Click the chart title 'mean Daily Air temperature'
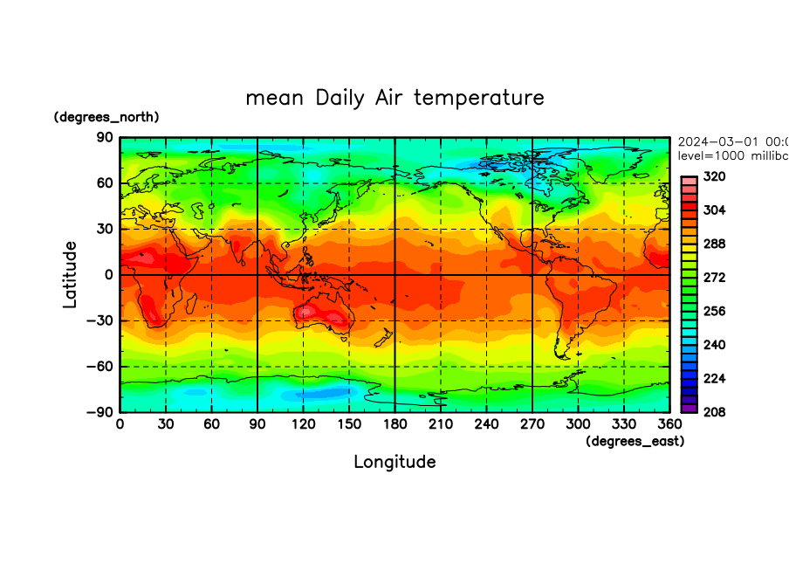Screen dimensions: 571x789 coord(394,97)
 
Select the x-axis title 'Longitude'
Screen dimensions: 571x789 coord(394,461)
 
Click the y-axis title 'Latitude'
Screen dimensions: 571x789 coord(70,274)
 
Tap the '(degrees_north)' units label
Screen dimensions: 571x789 coord(106,117)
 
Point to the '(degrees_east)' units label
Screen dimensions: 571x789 coord(635,442)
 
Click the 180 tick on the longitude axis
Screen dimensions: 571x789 coord(394,423)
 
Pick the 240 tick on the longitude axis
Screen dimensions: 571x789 coord(486,423)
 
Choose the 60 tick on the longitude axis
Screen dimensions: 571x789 coord(211,423)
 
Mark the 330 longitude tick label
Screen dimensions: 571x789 coord(623,423)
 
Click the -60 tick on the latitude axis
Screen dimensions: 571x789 coord(100,367)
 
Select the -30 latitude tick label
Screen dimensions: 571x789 coord(100,320)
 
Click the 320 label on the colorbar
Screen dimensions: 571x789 coord(715,176)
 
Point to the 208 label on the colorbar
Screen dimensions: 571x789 coord(715,411)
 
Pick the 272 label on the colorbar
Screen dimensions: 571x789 coord(715,278)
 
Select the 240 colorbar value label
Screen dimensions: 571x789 coord(715,345)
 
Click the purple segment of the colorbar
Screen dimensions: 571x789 coord(689,407)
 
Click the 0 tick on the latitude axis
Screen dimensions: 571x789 coord(110,275)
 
